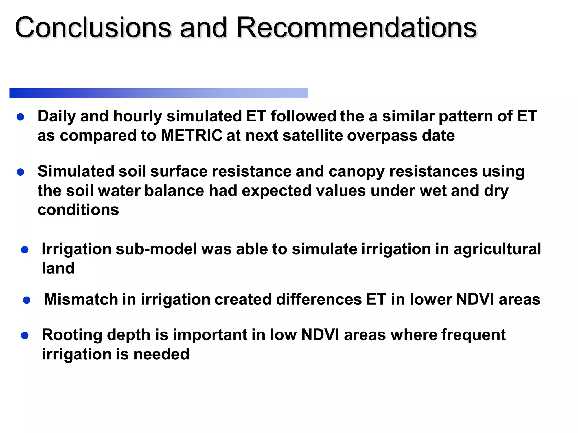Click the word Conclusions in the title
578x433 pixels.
93,28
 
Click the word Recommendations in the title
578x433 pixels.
356,28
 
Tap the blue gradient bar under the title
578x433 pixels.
159,93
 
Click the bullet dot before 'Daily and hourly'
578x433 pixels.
20,117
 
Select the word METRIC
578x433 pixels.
191,136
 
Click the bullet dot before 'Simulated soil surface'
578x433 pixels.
20,172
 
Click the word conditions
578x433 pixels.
78,210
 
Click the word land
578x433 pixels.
58,268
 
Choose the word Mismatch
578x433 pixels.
81,299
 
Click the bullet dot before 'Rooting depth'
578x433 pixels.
25,335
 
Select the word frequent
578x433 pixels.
473,335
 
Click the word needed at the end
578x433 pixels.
161,354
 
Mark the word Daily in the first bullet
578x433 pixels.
57,116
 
